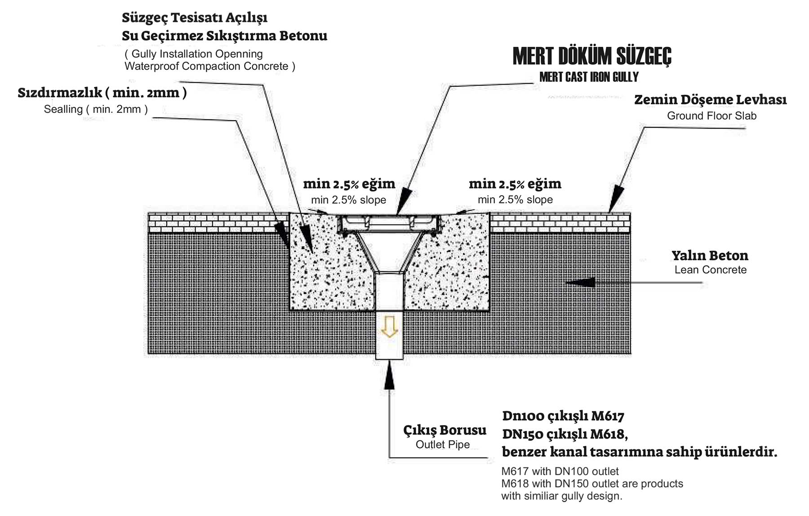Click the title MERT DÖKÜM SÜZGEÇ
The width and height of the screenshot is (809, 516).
[x=592, y=56]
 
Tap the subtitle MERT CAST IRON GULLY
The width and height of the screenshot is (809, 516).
[x=589, y=77]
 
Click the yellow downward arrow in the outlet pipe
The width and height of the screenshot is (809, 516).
[x=389, y=327]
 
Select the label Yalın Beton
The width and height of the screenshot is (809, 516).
[x=710, y=256]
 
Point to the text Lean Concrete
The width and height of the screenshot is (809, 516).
[x=710, y=270]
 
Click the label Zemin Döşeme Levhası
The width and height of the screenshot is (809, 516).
[x=710, y=99]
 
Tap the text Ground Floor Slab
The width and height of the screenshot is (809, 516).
[x=711, y=116]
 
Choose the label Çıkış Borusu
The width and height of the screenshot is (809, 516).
[x=445, y=430]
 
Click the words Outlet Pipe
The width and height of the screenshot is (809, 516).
[x=443, y=444]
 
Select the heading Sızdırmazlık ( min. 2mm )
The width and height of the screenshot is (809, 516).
[x=102, y=92]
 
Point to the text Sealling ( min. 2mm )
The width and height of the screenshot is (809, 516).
[x=96, y=109]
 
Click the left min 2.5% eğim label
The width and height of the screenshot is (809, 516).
[x=349, y=184]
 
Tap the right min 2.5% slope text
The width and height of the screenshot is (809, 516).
[x=515, y=199]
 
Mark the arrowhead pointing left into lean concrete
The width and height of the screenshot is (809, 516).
[x=580, y=283]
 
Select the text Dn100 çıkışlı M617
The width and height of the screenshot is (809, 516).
[x=563, y=416]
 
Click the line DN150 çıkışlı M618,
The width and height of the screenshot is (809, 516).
[x=565, y=434]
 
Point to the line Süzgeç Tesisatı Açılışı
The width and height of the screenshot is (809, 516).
[x=195, y=18]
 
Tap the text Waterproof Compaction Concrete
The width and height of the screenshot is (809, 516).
[x=209, y=66]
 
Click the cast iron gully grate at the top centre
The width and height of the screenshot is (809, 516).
[x=389, y=222]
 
